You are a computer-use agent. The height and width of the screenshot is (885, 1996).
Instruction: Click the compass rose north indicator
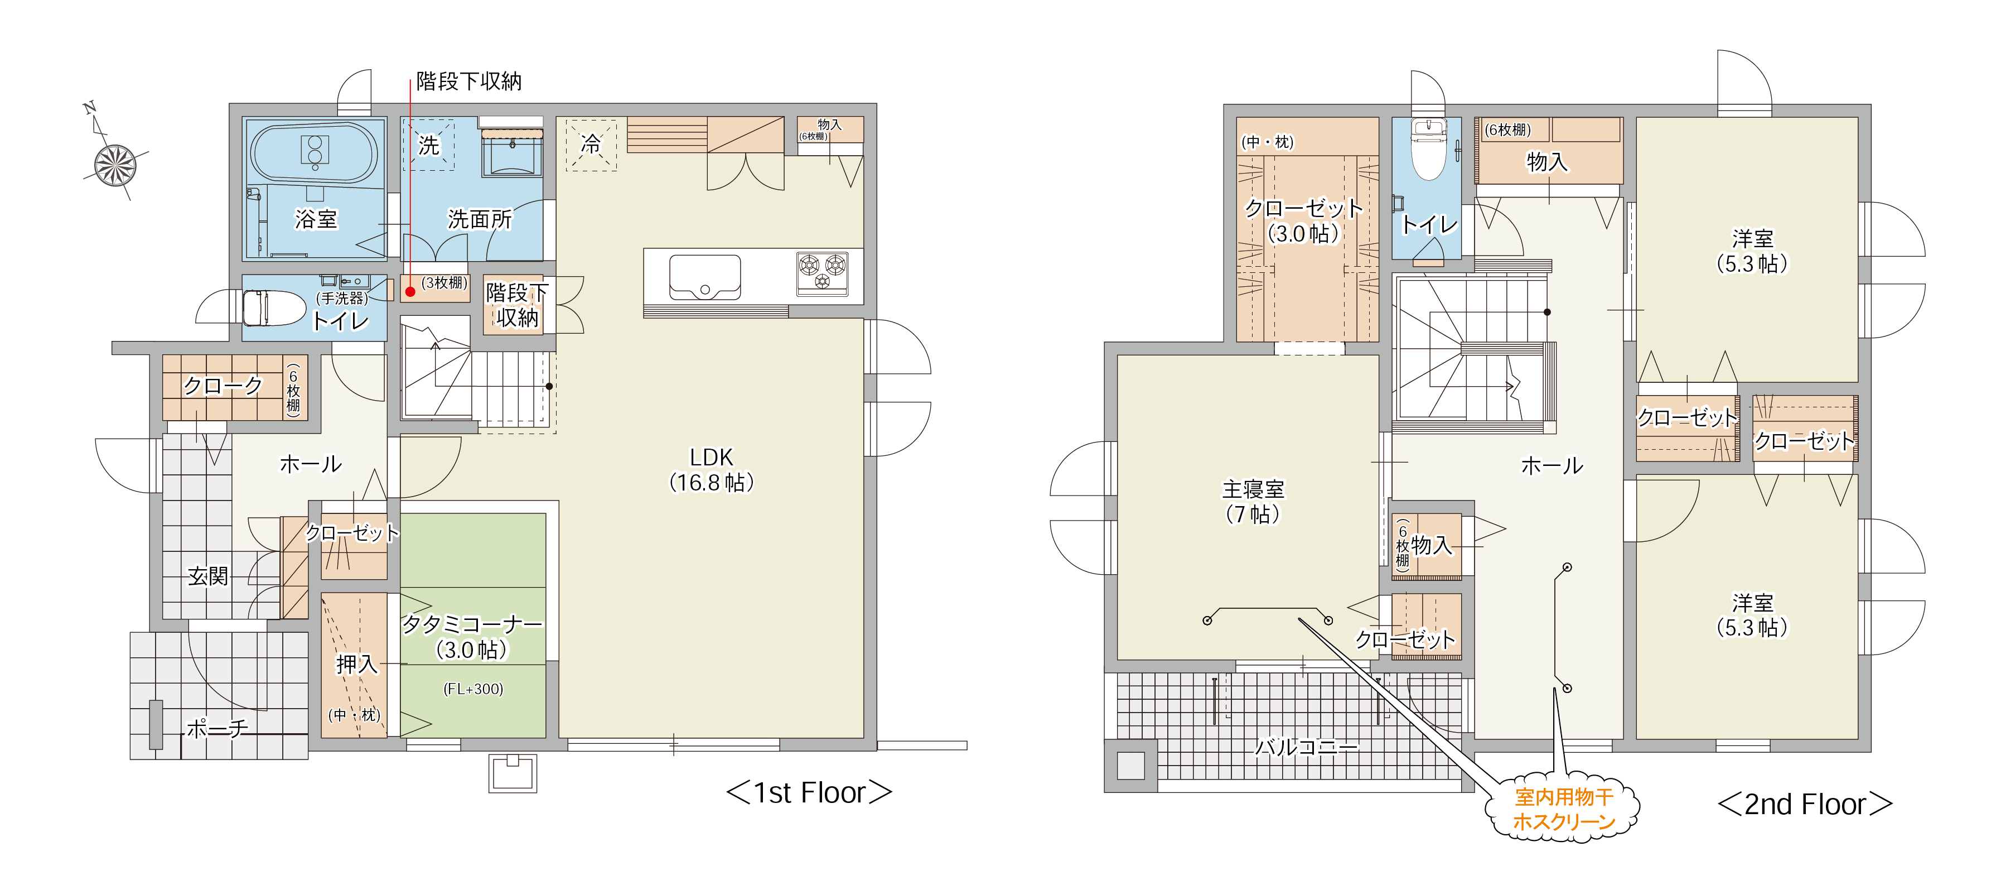[x=115, y=163]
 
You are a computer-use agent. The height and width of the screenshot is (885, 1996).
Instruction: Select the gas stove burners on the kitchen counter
[x=822, y=273]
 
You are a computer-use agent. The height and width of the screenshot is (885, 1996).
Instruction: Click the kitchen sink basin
[x=705, y=277]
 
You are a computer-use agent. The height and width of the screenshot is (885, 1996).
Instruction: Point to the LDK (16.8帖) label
[x=711, y=470]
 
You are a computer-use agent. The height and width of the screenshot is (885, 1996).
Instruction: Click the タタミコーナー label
[x=472, y=624]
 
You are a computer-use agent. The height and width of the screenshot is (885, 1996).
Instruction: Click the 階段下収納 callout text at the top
[x=469, y=80]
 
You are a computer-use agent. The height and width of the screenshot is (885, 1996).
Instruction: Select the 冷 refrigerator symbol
[x=591, y=144]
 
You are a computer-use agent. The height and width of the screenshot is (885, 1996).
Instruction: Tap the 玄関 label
[x=207, y=576]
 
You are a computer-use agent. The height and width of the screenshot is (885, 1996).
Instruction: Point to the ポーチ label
[x=218, y=728]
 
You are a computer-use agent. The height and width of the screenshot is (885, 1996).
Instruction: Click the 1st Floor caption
[x=809, y=793]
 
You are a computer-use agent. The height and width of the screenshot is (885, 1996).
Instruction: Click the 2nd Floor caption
[x=1805, y=805]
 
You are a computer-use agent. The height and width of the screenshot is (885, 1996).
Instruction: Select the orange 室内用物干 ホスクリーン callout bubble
[x=1563, y=809]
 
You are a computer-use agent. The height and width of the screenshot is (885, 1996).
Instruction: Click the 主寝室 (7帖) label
[x=1253, y=502]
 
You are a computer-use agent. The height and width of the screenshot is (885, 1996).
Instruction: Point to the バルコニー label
[x=1306, y=747]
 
